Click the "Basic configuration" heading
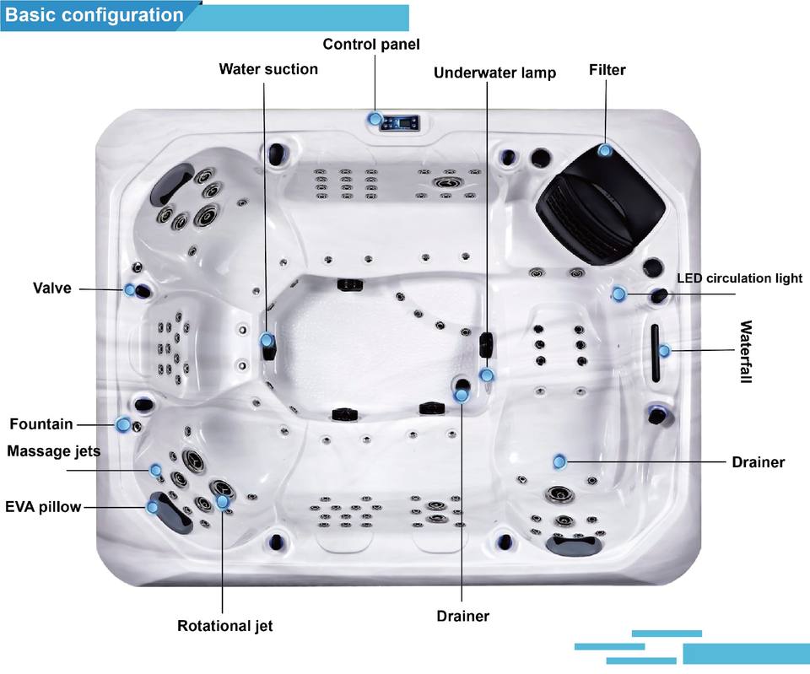click(94, 15)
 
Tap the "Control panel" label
click(370, 44)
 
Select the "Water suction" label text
click(268, 69)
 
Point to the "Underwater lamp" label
click(494, 73)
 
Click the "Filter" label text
click(607, 70)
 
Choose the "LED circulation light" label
click(739, 278)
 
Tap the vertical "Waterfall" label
click(745, 352)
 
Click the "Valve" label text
click(52, 288)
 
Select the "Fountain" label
click(41, 423)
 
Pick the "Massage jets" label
click(53, 451)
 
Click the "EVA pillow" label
click(43, 507)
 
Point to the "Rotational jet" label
click(224, 626)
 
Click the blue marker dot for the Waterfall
click(665, 350)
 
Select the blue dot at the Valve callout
click(130, 289)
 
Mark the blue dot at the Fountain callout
click(124, 424)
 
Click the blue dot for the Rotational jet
click(223, 502)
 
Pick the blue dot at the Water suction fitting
click(267, 341)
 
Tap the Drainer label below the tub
click(462, 616)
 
